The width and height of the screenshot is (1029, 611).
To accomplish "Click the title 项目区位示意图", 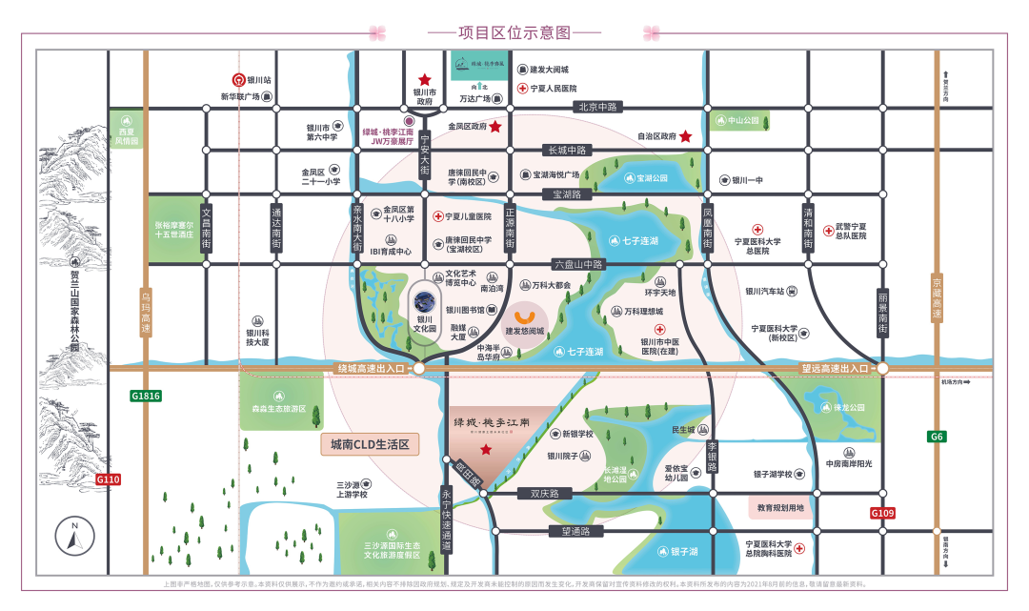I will coord(514,31).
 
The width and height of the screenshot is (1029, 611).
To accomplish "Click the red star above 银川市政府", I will coord(424,81).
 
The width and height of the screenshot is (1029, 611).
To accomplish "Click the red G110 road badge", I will coord(109,479).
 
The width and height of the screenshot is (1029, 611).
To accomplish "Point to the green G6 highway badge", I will coord(937,437).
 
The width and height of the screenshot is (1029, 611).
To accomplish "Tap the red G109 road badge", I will coord(883,514).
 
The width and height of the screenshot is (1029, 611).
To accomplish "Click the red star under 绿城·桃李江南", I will coord(486,449).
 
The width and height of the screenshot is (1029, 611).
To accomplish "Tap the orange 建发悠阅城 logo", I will coord(524,315).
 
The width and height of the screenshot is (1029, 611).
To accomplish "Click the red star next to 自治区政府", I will coord(685,137).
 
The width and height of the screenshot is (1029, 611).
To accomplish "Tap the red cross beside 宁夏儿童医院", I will coord(438,216).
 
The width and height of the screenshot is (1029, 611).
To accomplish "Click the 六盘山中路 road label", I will coord(578,264).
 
